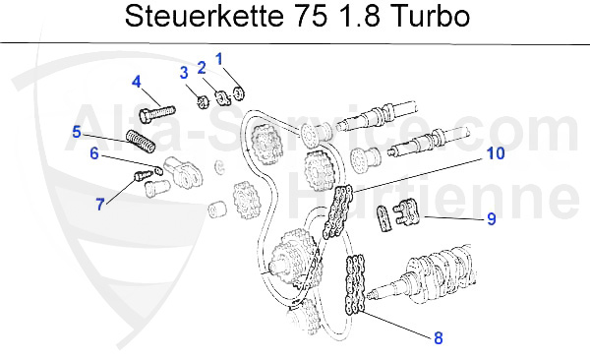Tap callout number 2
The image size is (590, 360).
202,67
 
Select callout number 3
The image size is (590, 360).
183,72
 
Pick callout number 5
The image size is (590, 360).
76,131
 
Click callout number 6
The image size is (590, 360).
93,153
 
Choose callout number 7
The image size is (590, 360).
99,204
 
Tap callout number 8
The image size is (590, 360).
438,337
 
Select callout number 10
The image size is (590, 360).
496,153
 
